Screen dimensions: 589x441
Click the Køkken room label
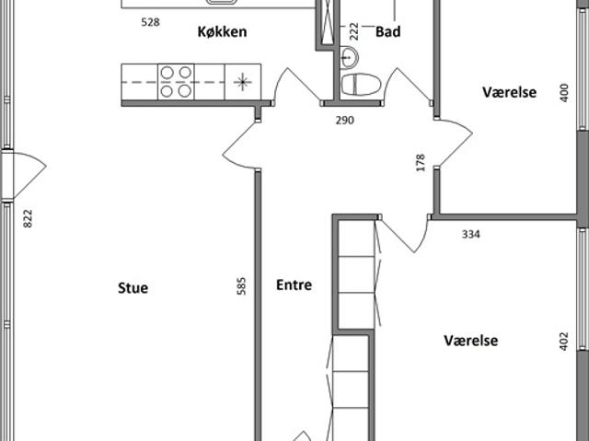click(x=222, y=31)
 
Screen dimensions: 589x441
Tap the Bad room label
click(x=388, y=31)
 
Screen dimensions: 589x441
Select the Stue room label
click(x=133, y=288)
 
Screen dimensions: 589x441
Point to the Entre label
click(x=294, y=285)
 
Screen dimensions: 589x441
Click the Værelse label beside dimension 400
click(x=509, y=92)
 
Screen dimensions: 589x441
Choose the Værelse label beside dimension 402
click(x=471, y=341)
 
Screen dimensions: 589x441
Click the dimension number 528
click(x=150, y=22)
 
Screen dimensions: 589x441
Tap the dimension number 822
click(x=28, y=218)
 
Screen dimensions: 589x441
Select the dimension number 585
click(x=241, y=285)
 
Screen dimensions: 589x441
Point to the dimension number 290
click(x=345, y=121)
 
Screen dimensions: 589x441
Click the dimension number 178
click(x=421, y=163)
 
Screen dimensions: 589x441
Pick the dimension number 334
click(x=470, y=235)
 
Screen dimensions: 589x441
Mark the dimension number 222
click(x=354, y=31)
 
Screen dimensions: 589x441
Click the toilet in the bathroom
click(x=361, y=84)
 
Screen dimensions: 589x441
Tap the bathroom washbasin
click(x=349, y=57)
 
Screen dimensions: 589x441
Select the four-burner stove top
click(x=176, y=82)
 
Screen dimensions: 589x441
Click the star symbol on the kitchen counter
click(x=243, y=82)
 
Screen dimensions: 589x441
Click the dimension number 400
click(x=564, y=92)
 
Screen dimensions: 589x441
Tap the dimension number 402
click(x=564, y=341)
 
